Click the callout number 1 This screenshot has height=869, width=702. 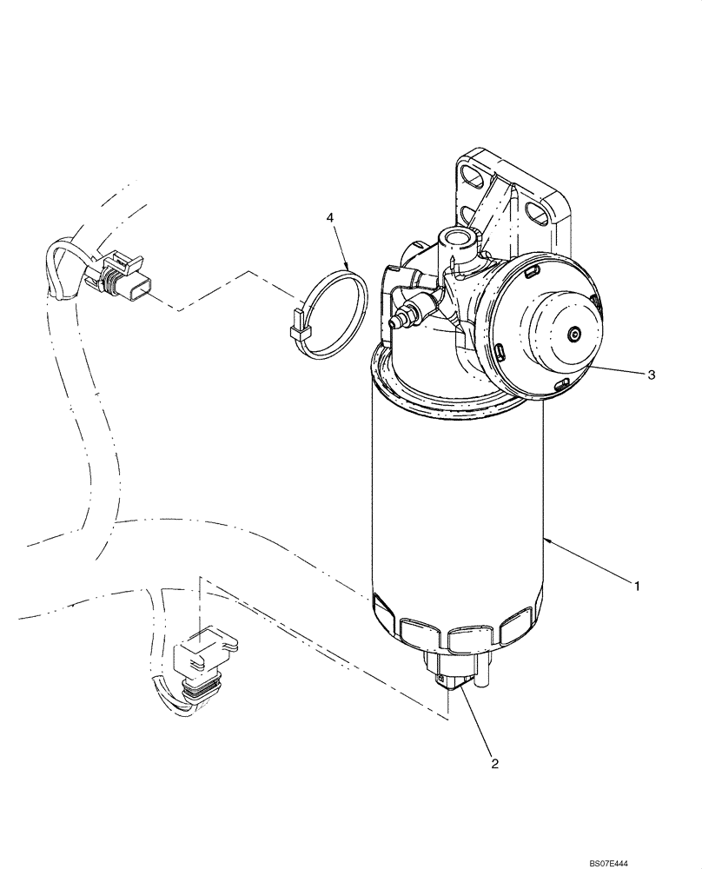pos(637,587)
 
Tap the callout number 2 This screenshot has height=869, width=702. pos(493,764)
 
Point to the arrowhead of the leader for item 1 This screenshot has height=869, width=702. pos(546,541)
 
